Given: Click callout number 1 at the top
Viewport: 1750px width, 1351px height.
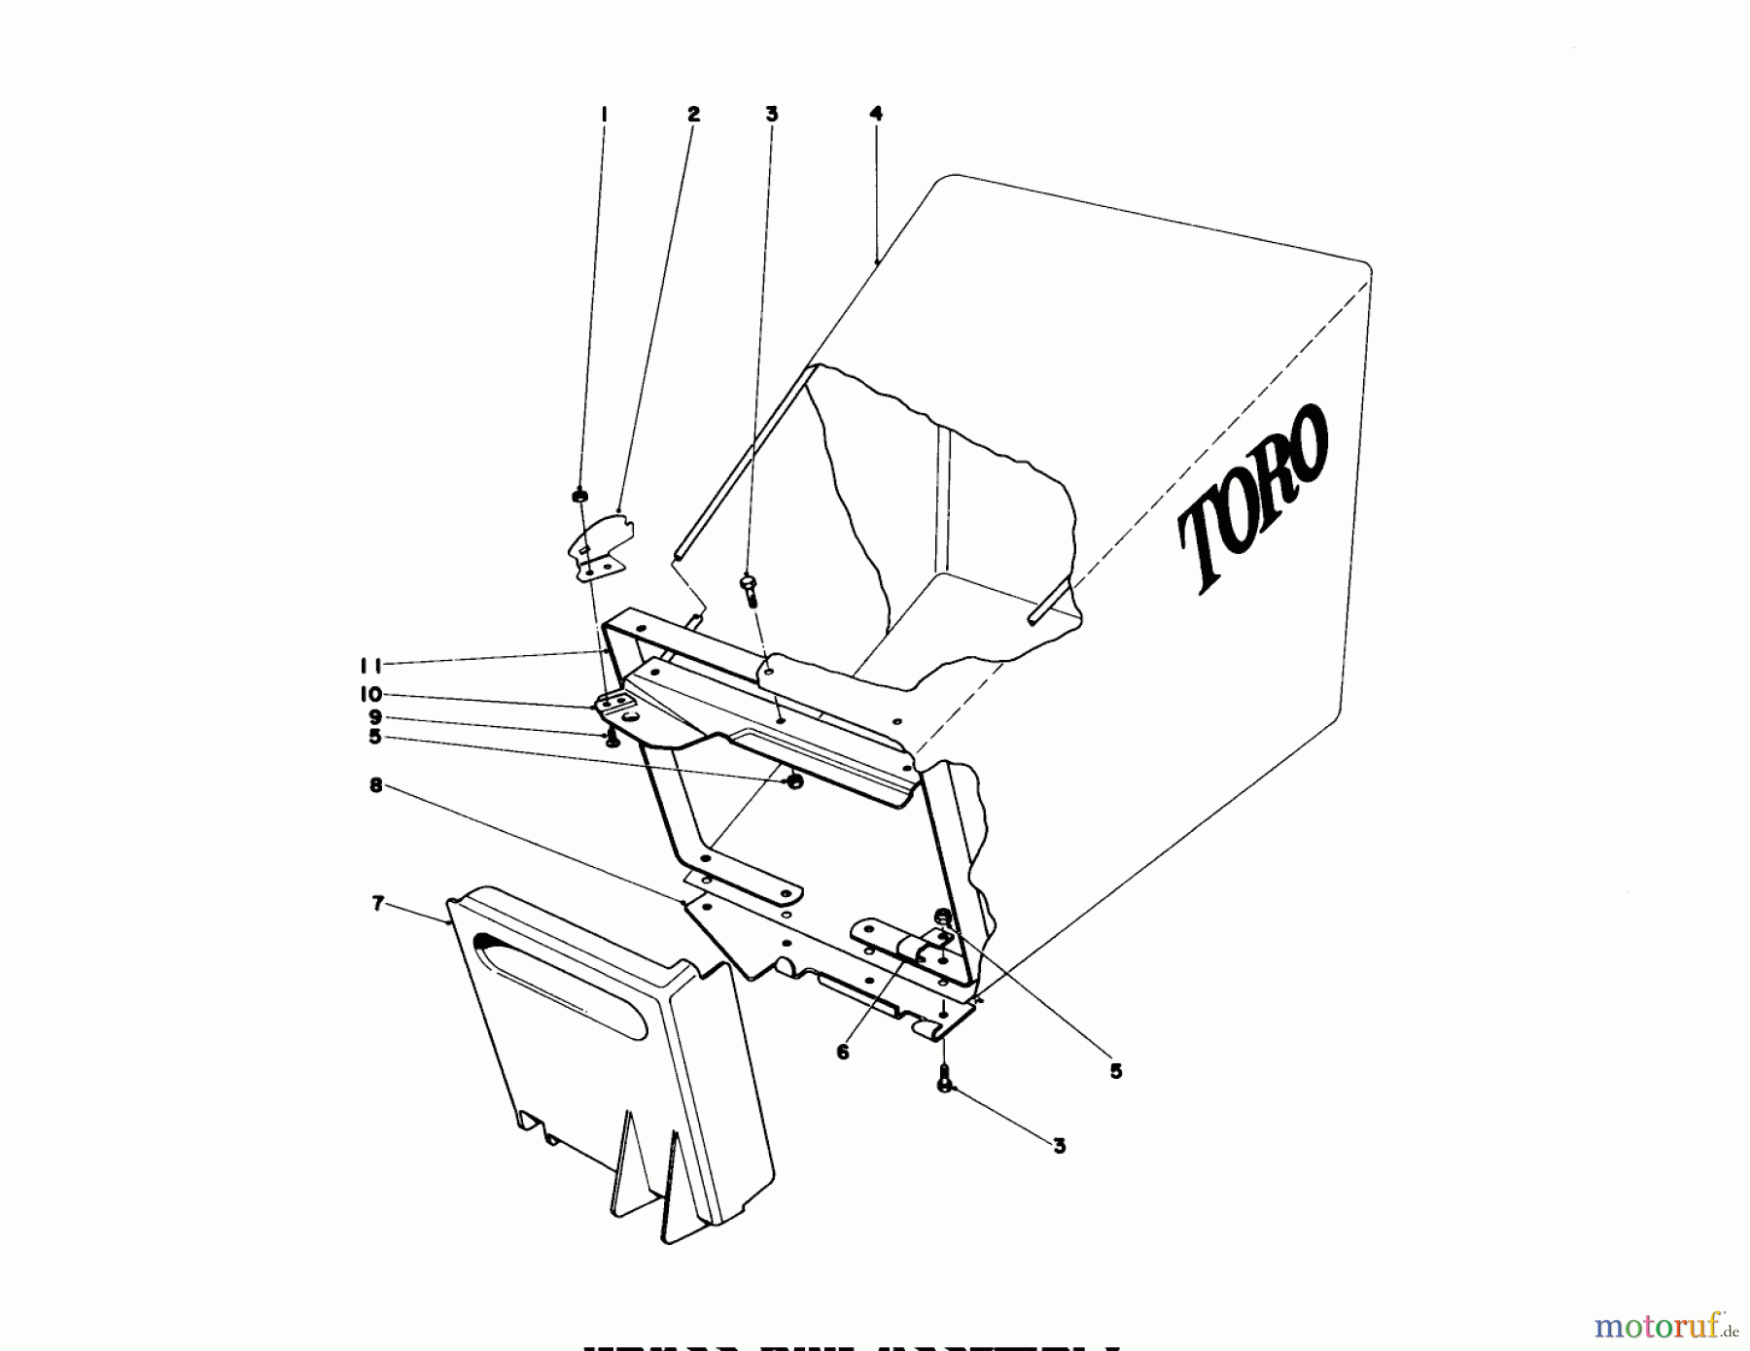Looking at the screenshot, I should (x=604, y=115).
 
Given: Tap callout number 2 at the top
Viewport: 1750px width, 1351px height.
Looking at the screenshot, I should (x=693, y=115).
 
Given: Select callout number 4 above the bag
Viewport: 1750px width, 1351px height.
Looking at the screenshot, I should (x=876, y=114).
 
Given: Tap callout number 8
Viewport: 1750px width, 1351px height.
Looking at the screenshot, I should (x=376, y=785).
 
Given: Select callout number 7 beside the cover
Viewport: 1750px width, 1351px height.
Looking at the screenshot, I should (x=378, y=904).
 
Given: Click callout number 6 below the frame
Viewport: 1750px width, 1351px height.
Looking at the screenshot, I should (x=842, y=1052).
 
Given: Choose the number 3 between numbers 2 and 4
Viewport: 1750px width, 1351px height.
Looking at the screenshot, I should (x=772, y=115).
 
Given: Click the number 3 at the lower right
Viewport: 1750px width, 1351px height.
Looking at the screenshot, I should (x=1060, y=1146).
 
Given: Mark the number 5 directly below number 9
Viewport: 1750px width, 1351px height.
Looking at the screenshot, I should (x=375, y=737).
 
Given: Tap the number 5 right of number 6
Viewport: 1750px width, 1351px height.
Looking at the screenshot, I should (x=1116, y=1071).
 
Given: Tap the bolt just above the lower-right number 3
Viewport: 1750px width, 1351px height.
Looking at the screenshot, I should (x=943, y=1080).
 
